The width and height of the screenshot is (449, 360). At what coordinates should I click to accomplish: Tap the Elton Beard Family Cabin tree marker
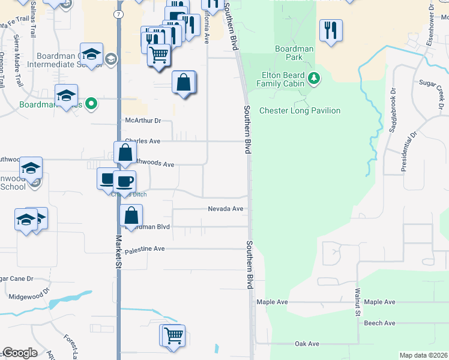[313, 78]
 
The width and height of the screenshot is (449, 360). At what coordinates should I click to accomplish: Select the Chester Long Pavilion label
[300, 110]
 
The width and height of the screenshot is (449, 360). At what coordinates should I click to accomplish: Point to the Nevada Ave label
[226, 209]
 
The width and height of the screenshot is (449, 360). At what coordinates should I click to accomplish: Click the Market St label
[119, 252]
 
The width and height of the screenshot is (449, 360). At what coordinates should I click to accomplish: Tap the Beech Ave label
[379, 323]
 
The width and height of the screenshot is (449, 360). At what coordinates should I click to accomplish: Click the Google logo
[20, 353]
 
